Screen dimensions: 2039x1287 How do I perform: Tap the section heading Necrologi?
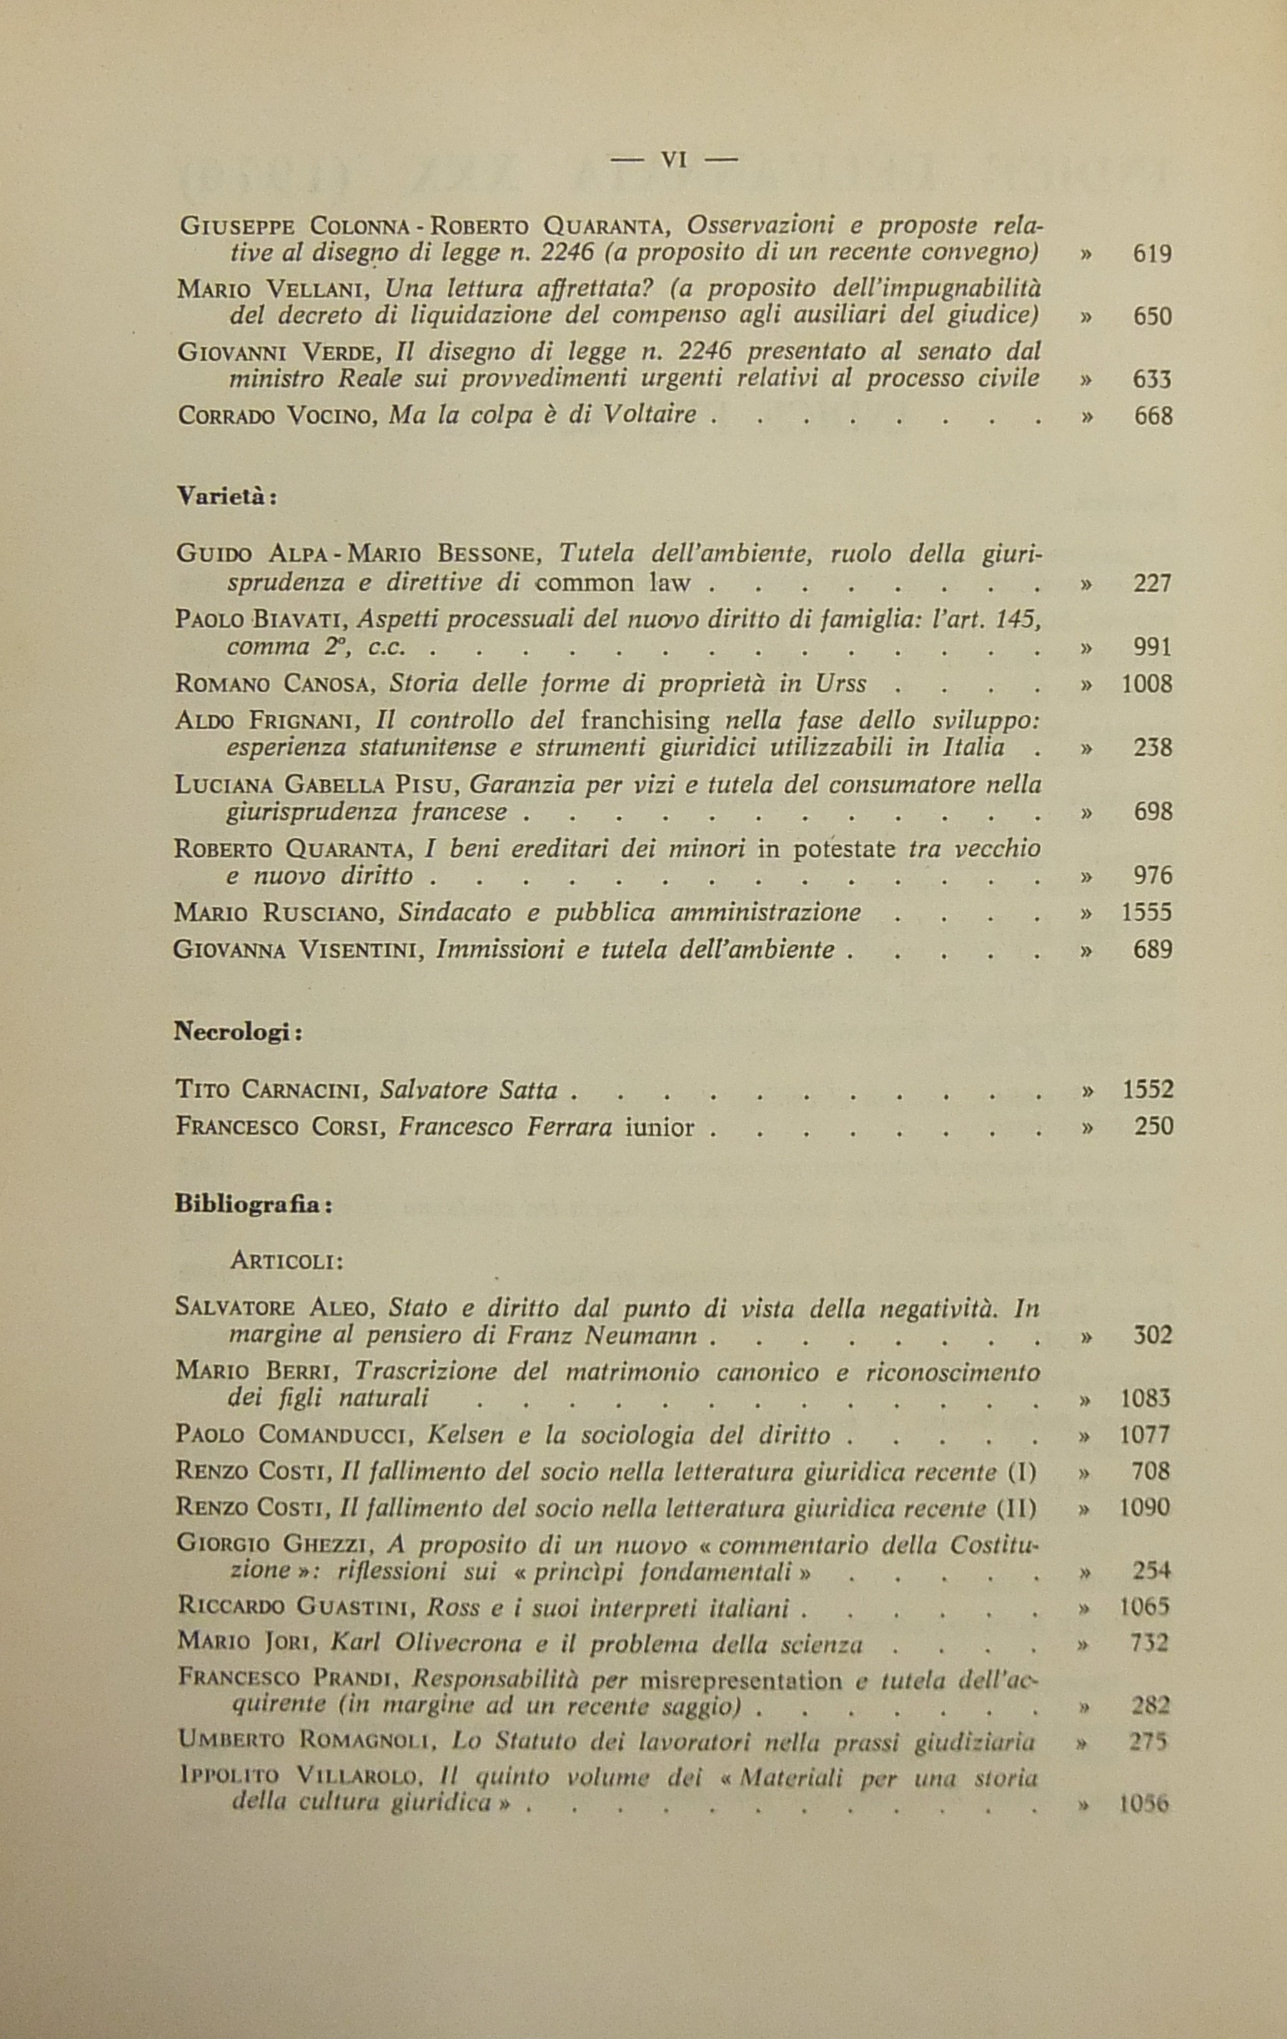[x=238, y=1032]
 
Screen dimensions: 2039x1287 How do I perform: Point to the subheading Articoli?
[x=286, y=1261]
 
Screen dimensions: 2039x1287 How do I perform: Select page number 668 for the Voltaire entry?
[x=1153, y=416]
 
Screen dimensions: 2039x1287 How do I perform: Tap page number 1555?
[x=1146, y=912]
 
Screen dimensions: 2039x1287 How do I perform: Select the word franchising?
[x=646, y=721]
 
